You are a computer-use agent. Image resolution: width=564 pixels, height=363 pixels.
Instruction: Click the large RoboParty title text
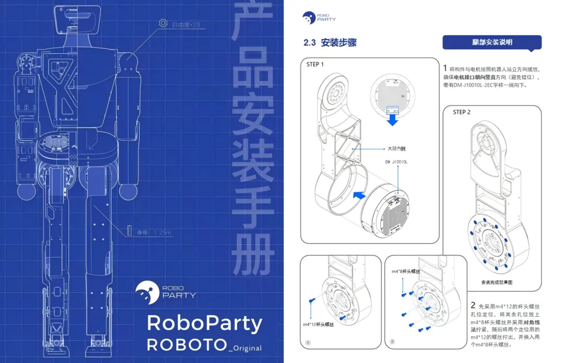[204, 323]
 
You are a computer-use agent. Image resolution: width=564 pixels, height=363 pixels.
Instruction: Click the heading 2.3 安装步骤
[330, 43]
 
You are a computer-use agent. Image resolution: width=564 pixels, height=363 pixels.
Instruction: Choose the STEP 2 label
[462, 112]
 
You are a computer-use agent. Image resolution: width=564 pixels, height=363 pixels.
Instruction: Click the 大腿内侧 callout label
[396, 148]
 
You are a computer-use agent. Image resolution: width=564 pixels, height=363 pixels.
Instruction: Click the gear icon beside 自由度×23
[163, 24]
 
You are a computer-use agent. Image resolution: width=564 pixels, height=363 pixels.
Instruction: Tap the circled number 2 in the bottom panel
[392, 342]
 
